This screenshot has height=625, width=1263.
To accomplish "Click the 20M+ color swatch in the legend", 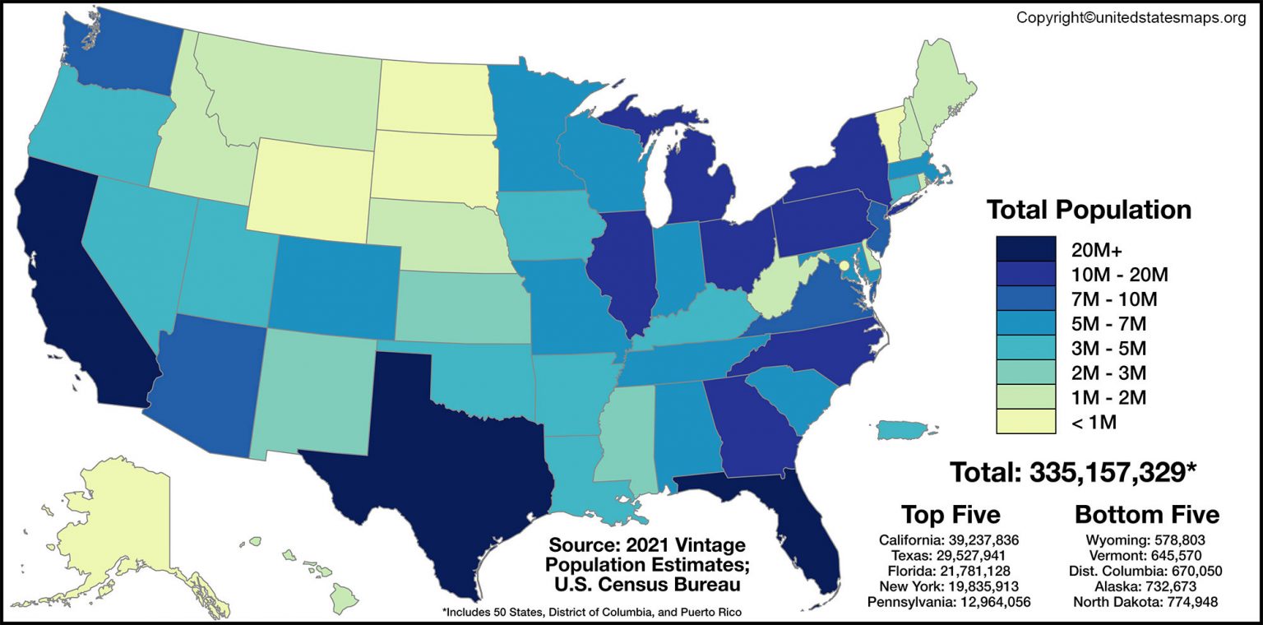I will coord(1025,249).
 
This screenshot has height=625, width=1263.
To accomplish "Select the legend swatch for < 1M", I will coord(1025,422).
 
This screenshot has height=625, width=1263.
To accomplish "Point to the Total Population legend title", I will coord(1089,210).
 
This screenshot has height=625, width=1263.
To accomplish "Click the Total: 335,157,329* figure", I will coord(1072,472).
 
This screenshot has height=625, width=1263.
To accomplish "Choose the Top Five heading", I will coord(951,515).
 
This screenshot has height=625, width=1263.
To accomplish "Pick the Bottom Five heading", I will coord(1147,515).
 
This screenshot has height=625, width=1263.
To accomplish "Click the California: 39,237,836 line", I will coord(949,540).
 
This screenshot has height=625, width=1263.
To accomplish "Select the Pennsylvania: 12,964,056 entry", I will coord(949,602).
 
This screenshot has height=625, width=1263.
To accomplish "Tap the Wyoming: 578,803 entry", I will coord(1147,540).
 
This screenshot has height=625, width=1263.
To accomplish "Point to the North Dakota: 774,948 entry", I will coord(1147,602).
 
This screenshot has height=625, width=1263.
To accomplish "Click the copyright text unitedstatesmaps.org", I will coord(1131,17).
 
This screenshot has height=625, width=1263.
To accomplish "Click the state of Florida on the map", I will coord(810,526).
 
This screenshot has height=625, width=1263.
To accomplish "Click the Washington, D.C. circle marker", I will coord(843,266).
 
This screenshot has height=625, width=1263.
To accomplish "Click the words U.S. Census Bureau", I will coord(646,585).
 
